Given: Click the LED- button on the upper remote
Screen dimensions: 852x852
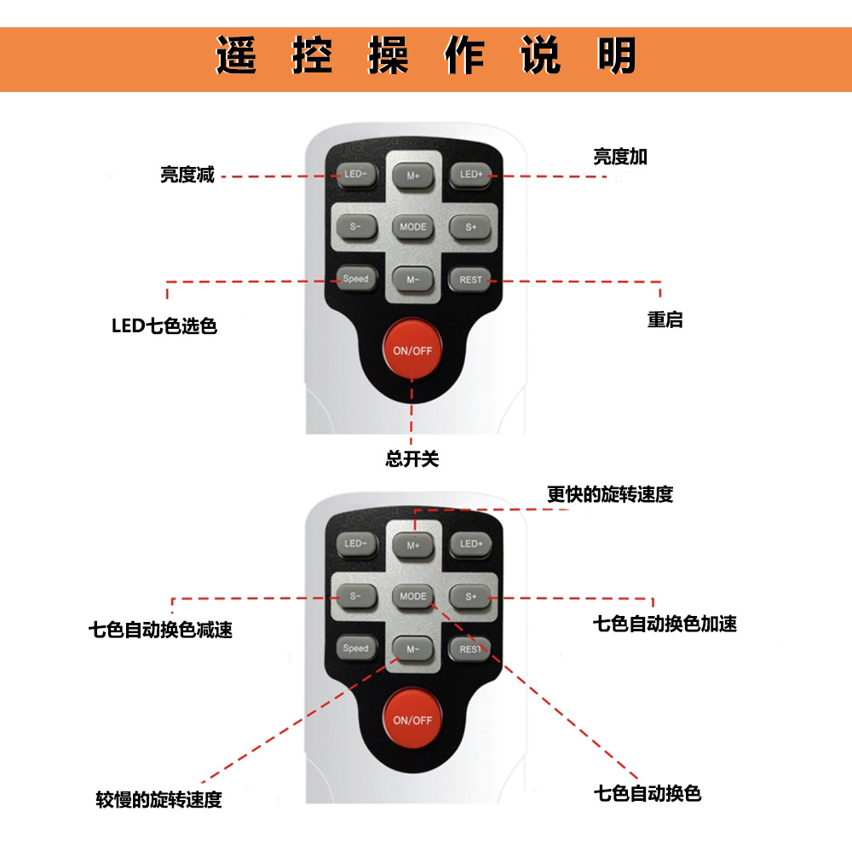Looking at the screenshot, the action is click(356, 175).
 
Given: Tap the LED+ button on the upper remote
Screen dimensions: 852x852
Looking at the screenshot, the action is click(470, 175).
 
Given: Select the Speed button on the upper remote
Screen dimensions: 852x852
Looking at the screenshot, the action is click(356, 279).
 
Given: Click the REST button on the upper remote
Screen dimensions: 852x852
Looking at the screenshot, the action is click(470, 279).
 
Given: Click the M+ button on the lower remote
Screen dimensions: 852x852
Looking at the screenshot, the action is click(413, 545).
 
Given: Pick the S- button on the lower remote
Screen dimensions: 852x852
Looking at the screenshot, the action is click(356, 596).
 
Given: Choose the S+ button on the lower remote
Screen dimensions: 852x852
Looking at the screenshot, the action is click(470, 596).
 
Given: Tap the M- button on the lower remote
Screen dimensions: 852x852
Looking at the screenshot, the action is click(413, 648).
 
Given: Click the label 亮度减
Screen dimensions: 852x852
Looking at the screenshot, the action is click(187, 175).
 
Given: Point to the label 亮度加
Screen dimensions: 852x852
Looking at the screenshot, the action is click(620, 157).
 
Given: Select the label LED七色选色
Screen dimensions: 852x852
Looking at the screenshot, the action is click(164, 326).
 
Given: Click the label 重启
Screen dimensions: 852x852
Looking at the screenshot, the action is click(665, 319).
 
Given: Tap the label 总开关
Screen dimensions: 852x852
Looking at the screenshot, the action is click(412, 459).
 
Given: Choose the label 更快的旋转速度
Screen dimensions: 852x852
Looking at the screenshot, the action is click(610, 494).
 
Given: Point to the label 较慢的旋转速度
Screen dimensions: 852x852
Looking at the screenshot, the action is click(158, 800).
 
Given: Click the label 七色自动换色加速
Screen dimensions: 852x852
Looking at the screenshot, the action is click(665, 624).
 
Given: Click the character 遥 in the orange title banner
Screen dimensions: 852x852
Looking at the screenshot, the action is click(236, 55).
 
